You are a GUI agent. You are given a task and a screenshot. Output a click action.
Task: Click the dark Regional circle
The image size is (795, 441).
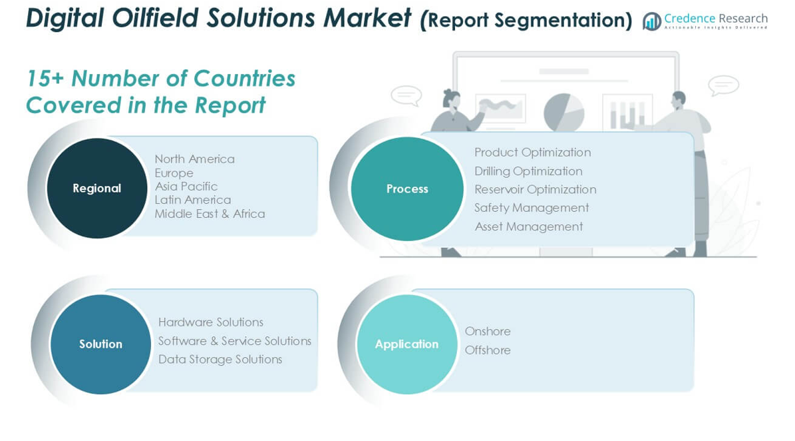pyautogui.click(x=97, y=189)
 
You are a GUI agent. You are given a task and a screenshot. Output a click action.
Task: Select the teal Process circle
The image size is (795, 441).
pyautogui.click(x=407, y=189)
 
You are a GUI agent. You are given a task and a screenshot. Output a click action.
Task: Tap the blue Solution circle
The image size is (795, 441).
pyautogui.click(x=100, y=344)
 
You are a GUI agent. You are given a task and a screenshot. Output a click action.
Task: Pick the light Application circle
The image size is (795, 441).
pyautogui.click(x=406, y=344)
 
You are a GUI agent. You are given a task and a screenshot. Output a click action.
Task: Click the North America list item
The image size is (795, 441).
pyautogui.click(x=195, y=159)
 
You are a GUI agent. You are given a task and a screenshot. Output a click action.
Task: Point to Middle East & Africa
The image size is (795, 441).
pyautogui.click(x=210, y=214)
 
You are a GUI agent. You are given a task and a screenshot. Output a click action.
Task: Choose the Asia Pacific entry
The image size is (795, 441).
pyautogui.click(x=186, y=187)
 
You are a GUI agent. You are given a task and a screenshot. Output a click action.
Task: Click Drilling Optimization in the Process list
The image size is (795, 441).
pyautogui.click(x=528, y=171)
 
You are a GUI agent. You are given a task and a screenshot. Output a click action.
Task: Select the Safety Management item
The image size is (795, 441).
pyautogui.click(x=532, y=208)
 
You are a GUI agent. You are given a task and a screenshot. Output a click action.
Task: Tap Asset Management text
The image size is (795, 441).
pyautogui.click(x=529, y=226)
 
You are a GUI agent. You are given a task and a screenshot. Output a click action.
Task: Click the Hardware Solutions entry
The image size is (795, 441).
pyautogui.click(x=211, y=322)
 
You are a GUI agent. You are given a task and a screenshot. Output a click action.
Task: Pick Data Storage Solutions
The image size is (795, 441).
pyautogui.click(x=220, y=359)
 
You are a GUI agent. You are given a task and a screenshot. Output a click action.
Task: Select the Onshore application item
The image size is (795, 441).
pyautogui.click(x=488, y=331)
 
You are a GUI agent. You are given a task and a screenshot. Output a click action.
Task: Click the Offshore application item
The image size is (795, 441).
pyautogui.click(x=488, y=350)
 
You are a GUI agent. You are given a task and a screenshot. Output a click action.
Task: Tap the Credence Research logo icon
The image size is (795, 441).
pyautogui.click(x=651, y=21)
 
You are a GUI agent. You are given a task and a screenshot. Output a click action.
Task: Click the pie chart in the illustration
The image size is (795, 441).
pyautogui.click(x=563, y=113)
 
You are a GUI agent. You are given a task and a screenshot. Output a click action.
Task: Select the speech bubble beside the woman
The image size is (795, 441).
pyautogui.click(x=406, y=96)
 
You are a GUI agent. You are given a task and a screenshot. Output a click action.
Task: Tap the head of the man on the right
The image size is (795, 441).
pyautogui.click(x=679, y=99)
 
